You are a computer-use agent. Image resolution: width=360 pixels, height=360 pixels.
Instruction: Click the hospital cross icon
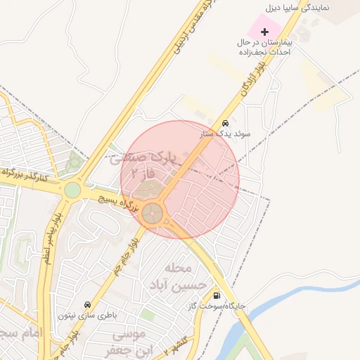tap(264, 32)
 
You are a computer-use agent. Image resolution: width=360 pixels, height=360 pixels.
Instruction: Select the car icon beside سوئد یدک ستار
tap(224, 120)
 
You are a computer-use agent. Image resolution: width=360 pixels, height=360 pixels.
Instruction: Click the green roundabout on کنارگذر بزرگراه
tap(72, 190)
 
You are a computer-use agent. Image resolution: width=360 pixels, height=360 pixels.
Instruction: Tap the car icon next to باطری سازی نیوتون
tap(87, 304)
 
